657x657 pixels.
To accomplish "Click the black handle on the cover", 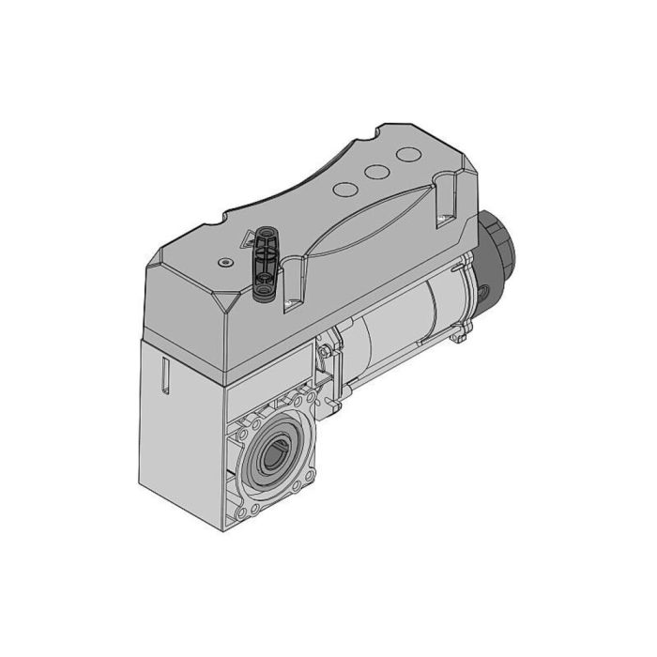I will point(264,263).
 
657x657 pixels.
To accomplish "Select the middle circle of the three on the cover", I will point(377,172).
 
